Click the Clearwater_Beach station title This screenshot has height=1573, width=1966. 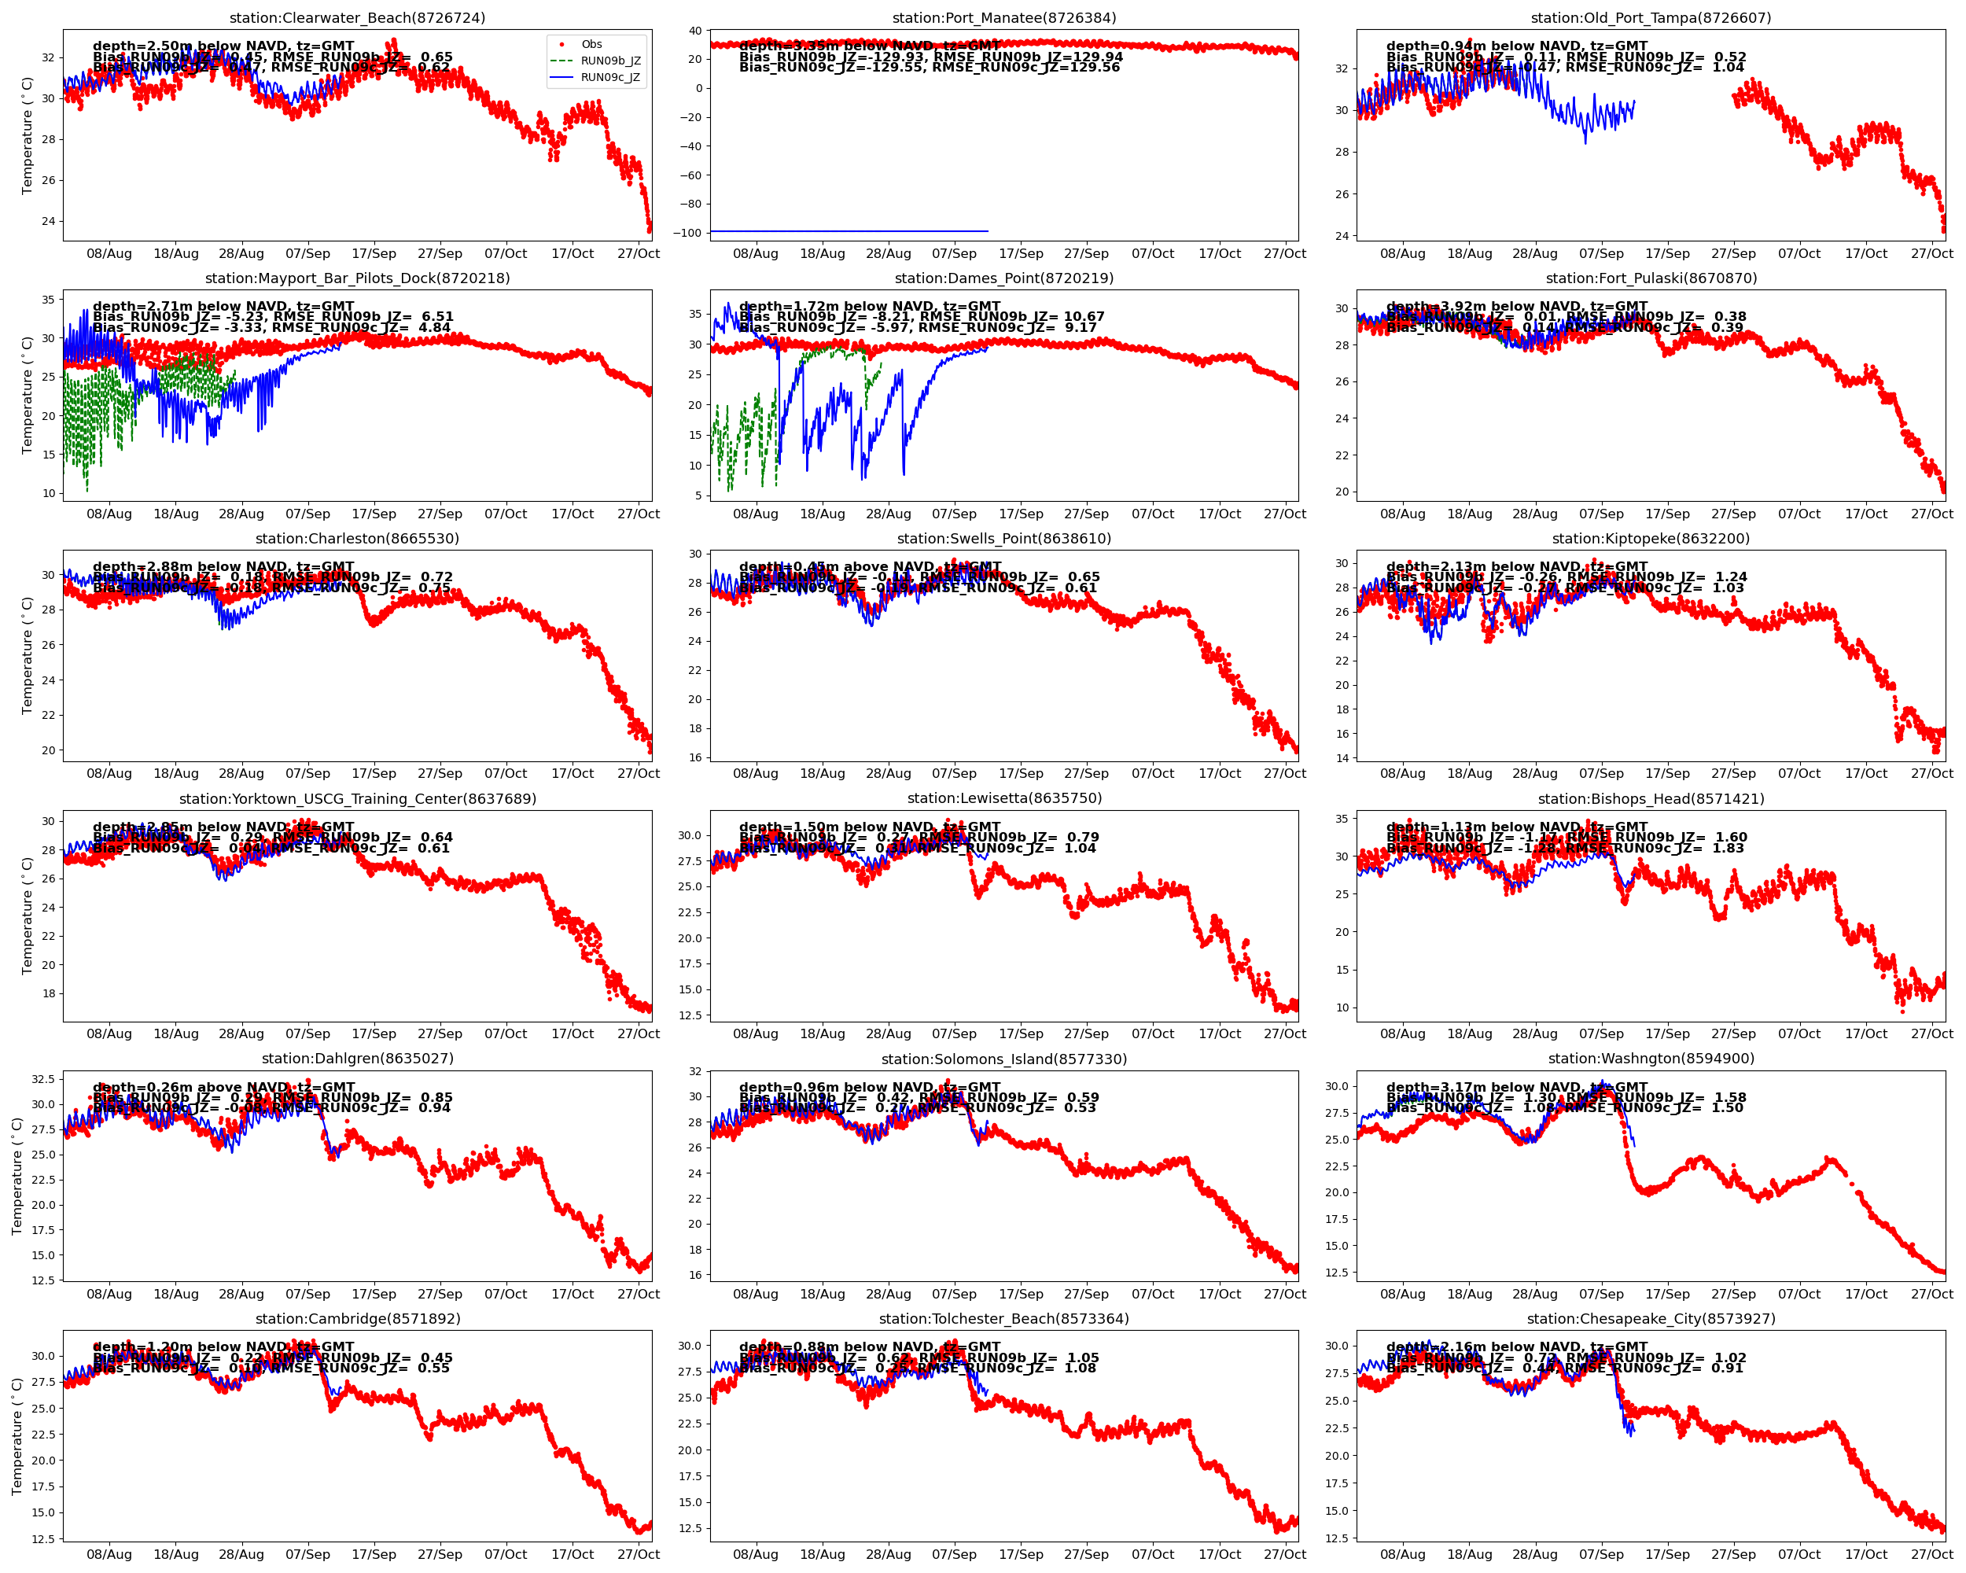click(358, 18)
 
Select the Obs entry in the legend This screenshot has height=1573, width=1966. click(592, 45)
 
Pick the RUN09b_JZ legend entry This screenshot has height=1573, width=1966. click(610, 61)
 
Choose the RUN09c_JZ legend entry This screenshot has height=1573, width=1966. click(610, 78)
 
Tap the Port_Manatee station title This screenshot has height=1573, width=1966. click(1004, 18)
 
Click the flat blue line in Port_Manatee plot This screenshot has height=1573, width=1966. click(848, 231)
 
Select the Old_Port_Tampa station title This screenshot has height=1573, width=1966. click(1651, 18)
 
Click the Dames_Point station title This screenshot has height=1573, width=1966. click(1004, 278)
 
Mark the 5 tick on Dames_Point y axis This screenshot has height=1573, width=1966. click(698, 496)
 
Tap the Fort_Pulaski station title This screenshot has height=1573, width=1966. click(1651, 278)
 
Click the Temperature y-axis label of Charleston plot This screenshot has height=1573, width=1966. click(28, 656)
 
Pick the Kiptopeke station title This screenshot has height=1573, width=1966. click(1651, 539)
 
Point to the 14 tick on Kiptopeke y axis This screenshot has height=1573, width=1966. click(1342, 757)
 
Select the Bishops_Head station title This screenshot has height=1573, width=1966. click(1651, 799)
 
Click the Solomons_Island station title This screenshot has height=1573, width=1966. click(1004, 1059)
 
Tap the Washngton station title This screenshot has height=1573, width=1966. click(1651, 1059)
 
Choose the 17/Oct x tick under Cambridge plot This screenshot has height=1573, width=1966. click(572, 1555)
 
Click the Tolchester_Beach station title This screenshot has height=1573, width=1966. click(1004, 1320)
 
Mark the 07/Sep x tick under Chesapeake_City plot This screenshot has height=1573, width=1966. click(1601, 1555)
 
